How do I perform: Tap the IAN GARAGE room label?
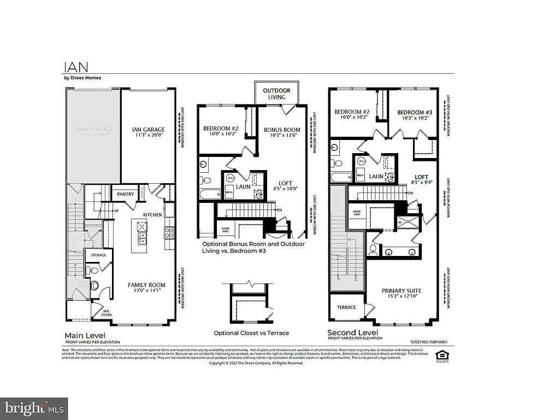148,132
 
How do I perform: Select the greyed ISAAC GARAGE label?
93,132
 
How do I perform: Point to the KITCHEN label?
152,215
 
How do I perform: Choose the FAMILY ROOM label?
146,288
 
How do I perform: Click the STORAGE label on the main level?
98,255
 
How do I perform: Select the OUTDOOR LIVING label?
276,94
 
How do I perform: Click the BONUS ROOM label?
282,132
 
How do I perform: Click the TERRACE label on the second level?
346,307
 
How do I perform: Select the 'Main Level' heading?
85,335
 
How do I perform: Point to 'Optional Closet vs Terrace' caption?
251,333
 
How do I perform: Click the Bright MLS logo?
34,408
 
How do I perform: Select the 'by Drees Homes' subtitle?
82,78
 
